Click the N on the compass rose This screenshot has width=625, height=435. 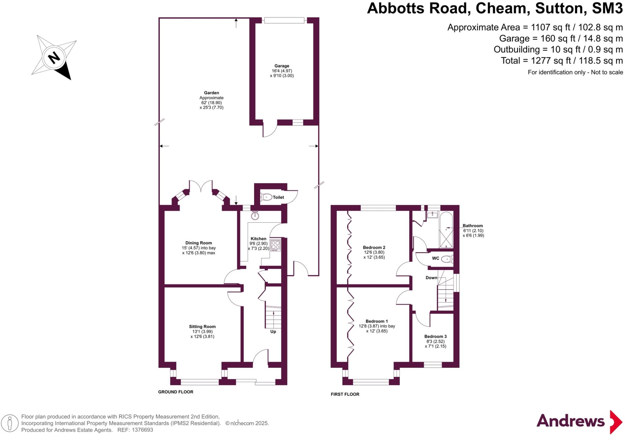point(54,57)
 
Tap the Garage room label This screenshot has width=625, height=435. point(282,66)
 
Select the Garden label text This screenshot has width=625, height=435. point(211,93)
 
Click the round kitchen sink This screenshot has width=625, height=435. point(255,216)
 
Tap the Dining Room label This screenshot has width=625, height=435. point(199,243)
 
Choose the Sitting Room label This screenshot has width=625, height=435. point(202,326)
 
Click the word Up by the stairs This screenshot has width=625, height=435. point(273,331)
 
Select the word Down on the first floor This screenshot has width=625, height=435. point(432,278)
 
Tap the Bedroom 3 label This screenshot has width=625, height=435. point(435,336)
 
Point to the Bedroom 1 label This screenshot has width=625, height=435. point(377,321)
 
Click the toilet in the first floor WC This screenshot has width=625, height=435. point(447,259)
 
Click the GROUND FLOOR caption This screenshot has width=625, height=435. point(175,392)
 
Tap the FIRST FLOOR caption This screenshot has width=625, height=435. point(345,394)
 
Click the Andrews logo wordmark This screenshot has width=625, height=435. point(570,421)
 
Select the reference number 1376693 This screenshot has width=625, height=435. point(142,430)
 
